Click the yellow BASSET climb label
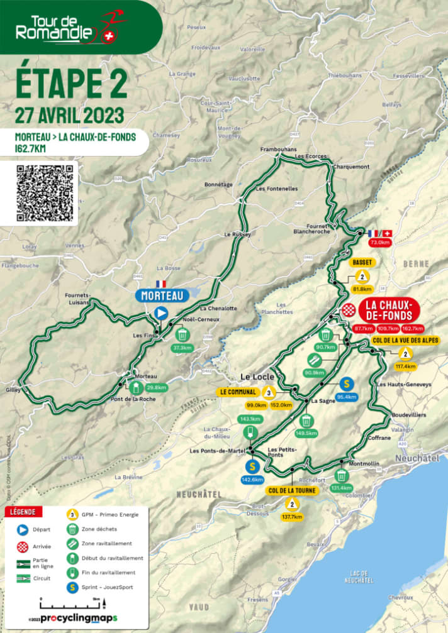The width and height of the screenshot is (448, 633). point(362,261)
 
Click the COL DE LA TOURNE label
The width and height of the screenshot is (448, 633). point(292,490)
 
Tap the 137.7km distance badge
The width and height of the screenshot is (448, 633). point(292,517)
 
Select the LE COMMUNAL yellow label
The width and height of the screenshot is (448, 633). point(237,392)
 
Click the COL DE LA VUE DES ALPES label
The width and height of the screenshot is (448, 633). point(405,340)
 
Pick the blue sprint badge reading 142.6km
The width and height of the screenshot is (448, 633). point(252,480)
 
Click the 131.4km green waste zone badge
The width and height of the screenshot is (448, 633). point(342,487)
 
